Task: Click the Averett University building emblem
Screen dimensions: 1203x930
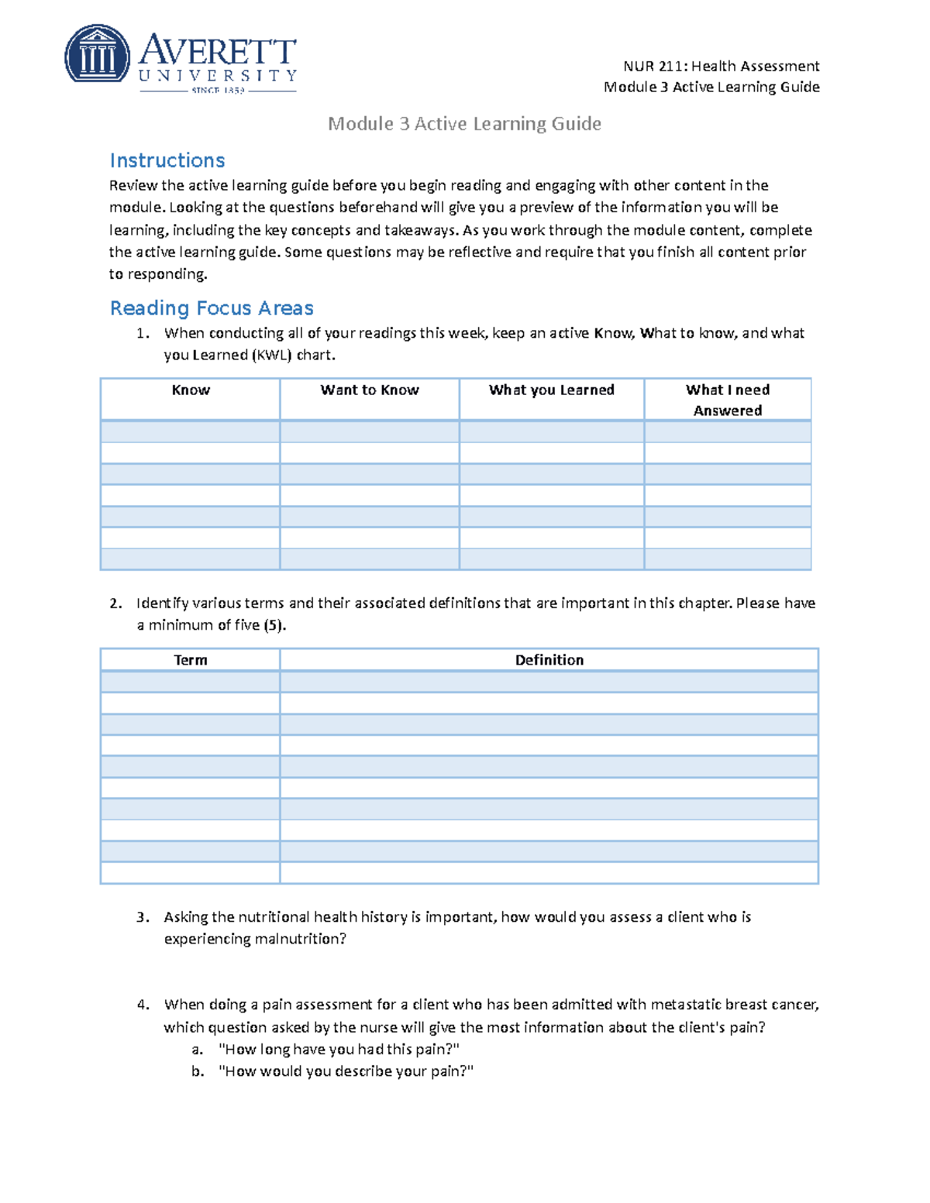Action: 97,53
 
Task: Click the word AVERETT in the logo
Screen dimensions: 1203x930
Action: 218,50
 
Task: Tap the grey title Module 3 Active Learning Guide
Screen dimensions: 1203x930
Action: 464,124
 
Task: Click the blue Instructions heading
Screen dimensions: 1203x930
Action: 167,160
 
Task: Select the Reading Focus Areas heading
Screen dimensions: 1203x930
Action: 212,308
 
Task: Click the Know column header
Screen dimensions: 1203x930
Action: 191,390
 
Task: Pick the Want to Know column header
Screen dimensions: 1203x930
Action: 370,390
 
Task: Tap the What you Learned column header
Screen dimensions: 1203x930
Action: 551,390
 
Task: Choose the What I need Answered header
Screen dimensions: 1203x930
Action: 727,400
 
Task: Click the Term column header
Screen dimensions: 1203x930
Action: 191,660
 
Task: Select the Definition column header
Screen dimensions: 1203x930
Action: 549,660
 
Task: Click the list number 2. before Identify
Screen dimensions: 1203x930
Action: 115,603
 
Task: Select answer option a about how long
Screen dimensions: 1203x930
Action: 339,1050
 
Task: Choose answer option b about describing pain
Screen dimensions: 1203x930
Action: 346,1071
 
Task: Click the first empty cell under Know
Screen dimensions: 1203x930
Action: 191,431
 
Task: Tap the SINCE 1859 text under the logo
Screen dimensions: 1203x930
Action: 218,91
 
